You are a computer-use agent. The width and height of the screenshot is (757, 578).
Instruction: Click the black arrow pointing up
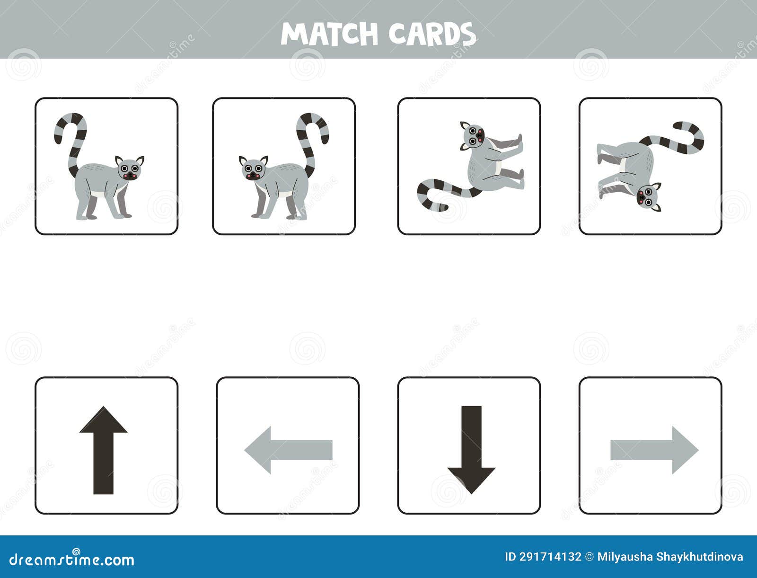click(x=103, y=450)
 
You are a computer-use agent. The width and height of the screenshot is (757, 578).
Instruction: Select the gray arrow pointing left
click(x=289, y=450)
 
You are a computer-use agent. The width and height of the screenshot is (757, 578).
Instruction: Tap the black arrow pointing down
click(x=471, y=450)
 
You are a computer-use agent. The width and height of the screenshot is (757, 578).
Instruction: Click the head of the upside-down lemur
click(x=647, y=196)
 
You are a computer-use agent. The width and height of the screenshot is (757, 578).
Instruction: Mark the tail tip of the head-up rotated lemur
click(x=442, y=207)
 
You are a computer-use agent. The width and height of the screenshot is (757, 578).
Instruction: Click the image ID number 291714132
click(x=550, y=557)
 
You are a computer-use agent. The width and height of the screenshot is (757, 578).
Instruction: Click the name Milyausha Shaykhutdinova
click(x=670, y=557)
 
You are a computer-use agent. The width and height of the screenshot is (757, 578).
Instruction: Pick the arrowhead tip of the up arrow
click(x=103, y=408)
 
